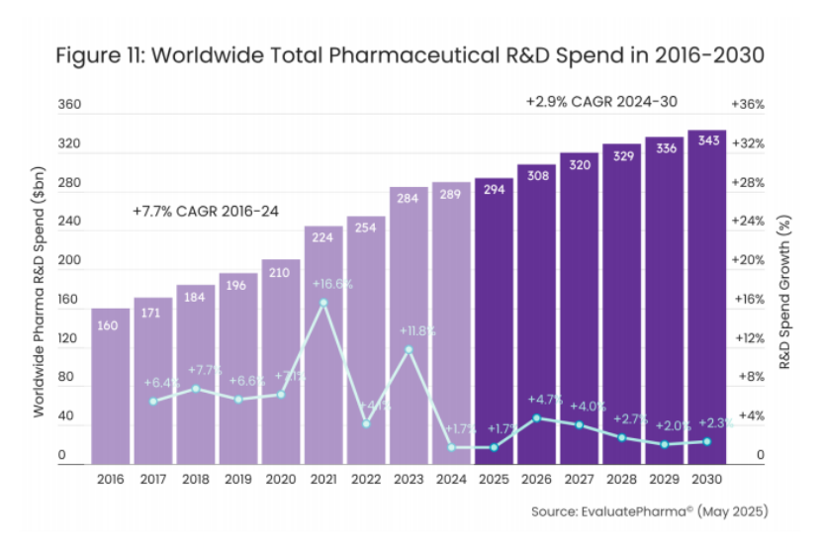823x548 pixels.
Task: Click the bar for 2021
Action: tap(323, 346)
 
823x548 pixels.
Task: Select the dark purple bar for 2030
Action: tap(707, 297)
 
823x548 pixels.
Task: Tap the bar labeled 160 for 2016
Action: tap(111, 386)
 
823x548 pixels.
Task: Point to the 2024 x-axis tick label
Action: tap(451, 479)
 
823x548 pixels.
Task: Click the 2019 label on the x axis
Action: tap(238, 479)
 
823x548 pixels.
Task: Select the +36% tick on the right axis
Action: tap(747, 105)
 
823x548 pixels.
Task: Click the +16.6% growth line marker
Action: tap(323, 302)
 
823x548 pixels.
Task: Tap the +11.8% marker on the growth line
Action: tap(409, 349)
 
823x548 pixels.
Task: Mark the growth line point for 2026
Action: tap(536, 417)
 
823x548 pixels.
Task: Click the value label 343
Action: tap(707, 141)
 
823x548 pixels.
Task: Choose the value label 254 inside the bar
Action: tap(366, 227)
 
